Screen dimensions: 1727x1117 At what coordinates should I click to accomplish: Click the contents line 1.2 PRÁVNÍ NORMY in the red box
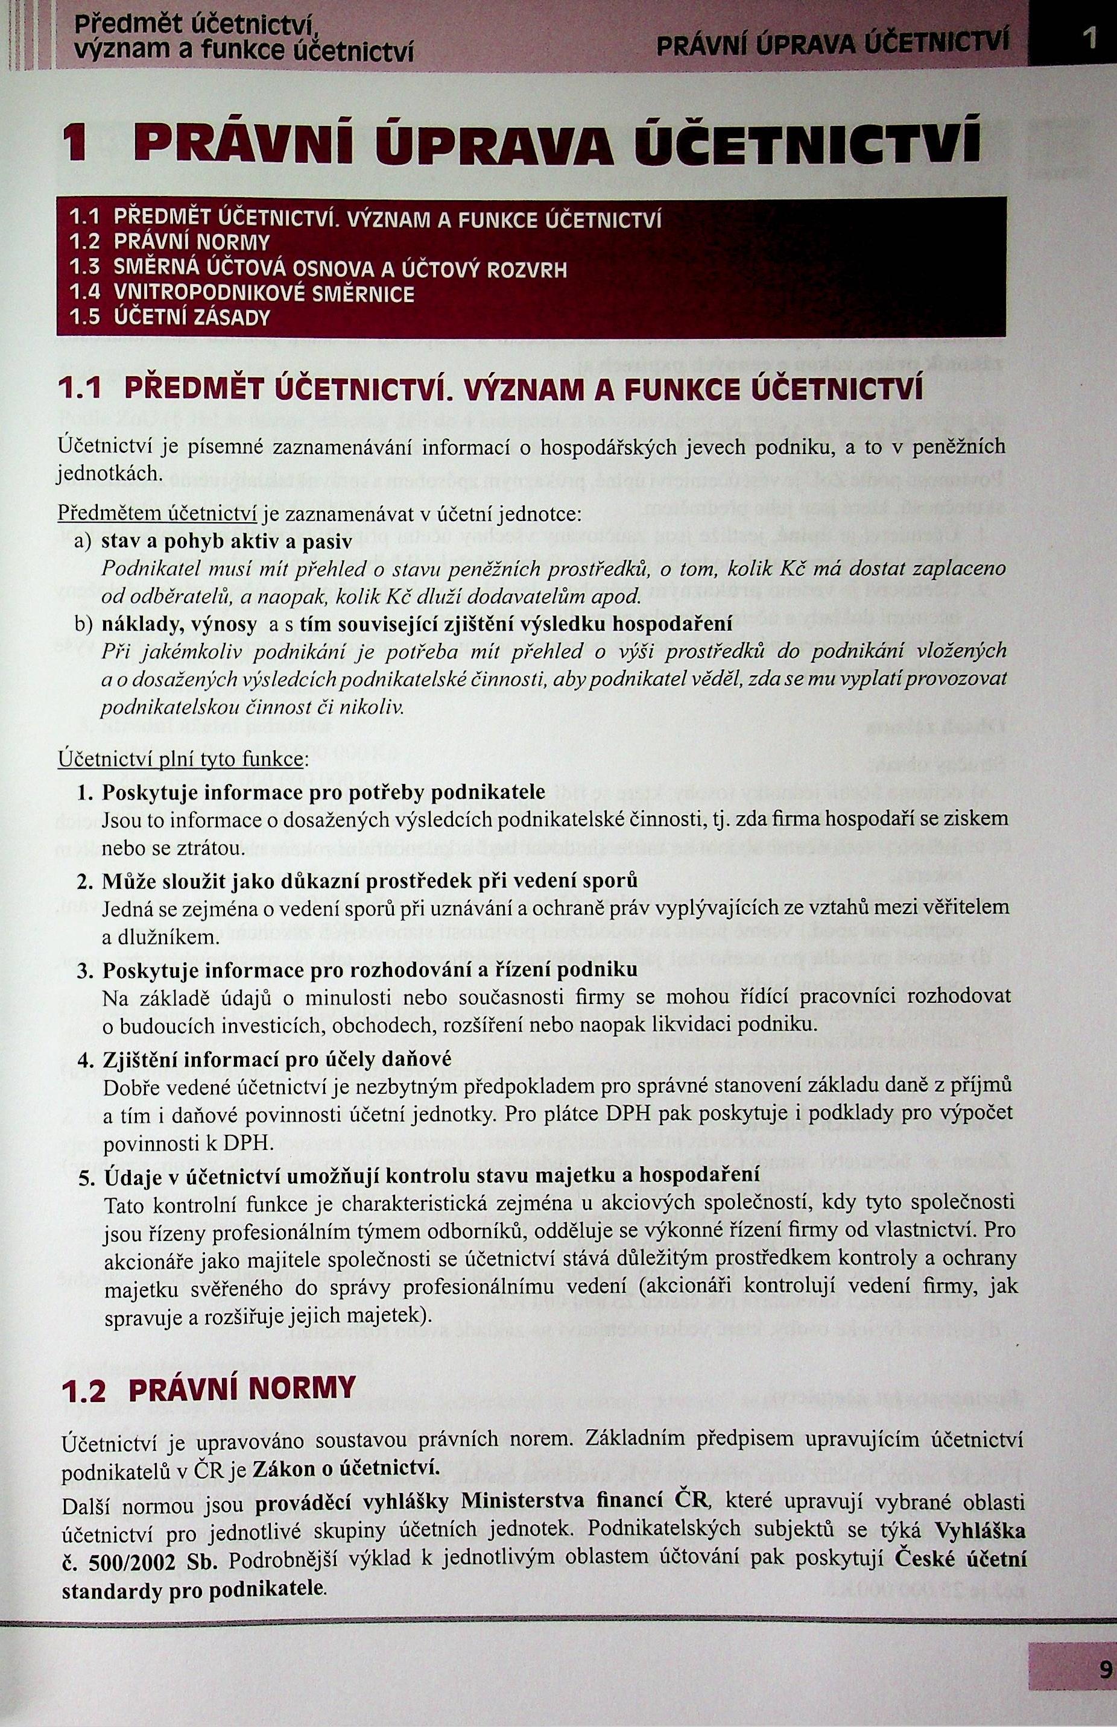(169, 241)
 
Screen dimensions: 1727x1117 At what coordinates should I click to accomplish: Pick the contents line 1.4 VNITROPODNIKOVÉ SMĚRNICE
(242, 293)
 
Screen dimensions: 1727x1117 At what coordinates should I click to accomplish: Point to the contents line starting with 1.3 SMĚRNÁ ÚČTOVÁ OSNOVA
(318, 269)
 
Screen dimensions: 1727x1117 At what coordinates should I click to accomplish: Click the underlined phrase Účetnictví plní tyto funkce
(180, 760)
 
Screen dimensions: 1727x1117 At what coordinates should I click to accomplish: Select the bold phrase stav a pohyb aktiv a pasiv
(226, 541)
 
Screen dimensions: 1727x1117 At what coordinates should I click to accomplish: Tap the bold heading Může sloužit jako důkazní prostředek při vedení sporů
(369, 881)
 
